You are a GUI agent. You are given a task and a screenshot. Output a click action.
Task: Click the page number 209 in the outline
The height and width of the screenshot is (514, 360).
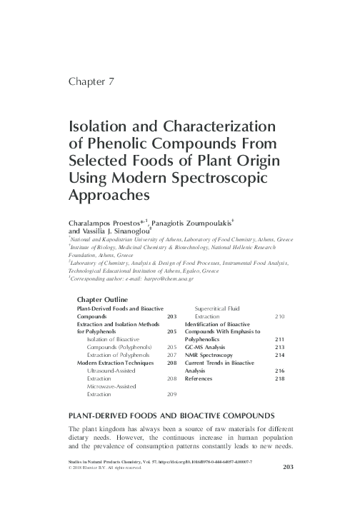click(171, 394)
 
